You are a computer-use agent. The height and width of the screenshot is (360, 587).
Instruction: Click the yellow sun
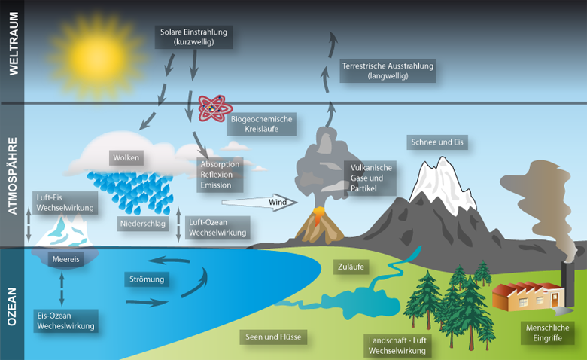[97, 57]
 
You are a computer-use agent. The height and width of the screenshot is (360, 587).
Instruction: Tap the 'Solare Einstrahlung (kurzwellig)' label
[194, 37]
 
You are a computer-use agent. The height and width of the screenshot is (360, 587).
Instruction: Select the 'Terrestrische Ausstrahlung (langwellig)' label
[388, 71]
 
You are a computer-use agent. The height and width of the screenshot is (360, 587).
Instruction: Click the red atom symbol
[214, 108]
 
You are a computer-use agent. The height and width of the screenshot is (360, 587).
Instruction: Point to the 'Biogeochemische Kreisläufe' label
[261, 124]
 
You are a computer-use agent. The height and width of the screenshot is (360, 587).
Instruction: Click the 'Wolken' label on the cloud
[126, 157]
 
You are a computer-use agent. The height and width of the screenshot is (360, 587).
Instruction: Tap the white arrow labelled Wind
[260, 203]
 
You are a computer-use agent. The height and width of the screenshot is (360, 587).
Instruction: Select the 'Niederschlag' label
[143, 224]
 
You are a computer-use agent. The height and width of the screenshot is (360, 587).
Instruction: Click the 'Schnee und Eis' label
[437, 142]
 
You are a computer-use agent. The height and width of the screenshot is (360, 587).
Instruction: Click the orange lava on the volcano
[318, 215]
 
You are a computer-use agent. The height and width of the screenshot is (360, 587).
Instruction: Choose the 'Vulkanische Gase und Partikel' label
[370, 178]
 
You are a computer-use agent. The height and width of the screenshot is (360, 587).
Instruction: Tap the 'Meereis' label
[66, 259]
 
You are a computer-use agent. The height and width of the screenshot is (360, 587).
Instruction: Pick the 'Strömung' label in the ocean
[147, 279]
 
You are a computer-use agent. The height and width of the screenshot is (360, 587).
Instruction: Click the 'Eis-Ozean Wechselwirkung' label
[66, 321]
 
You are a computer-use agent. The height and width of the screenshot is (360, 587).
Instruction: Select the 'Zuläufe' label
[351, 267]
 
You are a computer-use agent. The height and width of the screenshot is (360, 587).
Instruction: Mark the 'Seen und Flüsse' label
[273, 337]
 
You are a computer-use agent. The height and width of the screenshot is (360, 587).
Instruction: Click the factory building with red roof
[528, 296]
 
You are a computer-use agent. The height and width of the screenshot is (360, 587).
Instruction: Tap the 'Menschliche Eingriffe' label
[547, 333]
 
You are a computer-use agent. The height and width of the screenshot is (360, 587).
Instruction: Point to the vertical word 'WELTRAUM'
[14, 44]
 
